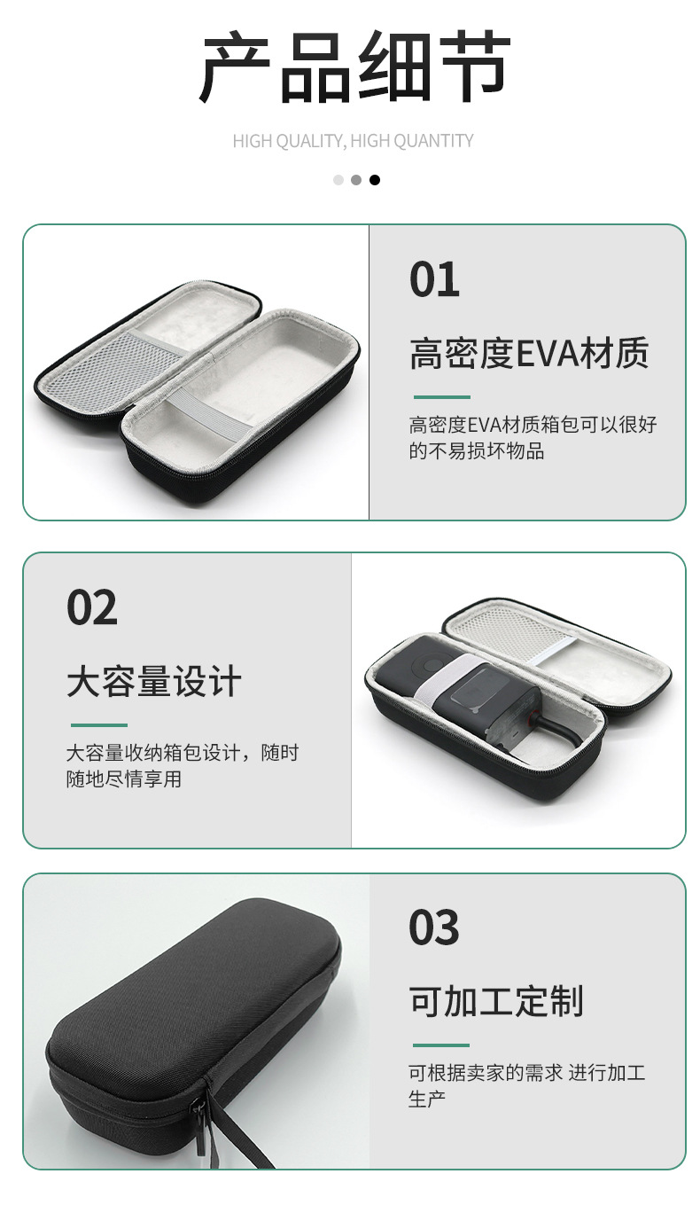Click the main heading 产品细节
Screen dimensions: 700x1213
[354, 67]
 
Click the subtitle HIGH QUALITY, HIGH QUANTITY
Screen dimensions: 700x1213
[353, 141]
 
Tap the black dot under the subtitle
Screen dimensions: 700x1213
[374, 180]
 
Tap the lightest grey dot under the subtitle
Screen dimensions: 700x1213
[338, 180]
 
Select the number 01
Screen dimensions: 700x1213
[434, 279]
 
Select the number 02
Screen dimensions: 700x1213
[92, 607]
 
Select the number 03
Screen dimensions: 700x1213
[434, 927]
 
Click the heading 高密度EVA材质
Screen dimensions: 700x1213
[528, 353]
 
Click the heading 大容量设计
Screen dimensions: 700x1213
[153, 681]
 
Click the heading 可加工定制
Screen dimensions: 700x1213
[496, 1001]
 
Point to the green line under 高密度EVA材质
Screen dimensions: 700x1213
[441, 397]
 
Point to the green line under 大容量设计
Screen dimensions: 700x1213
[99, 725]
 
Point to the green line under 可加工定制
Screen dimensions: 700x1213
[441, 1045]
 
